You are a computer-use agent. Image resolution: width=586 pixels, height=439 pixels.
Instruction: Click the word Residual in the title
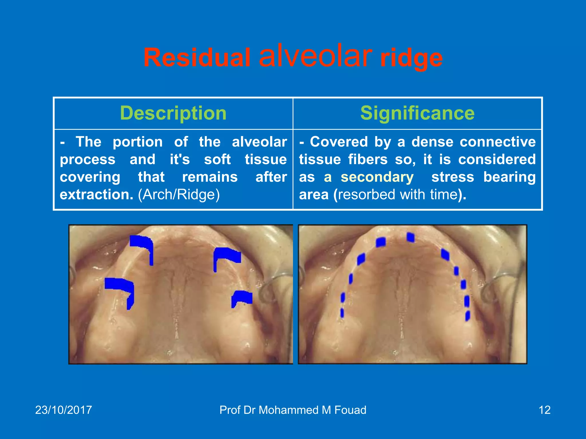pos(197,58)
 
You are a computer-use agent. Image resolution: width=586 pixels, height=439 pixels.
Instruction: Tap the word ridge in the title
pos(411,58)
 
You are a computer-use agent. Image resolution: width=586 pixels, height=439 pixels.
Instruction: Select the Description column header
pos(173,113)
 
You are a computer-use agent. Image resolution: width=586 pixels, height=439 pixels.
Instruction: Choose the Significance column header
pos(417,113)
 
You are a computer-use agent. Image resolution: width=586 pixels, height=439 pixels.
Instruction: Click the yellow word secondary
pos(377,177)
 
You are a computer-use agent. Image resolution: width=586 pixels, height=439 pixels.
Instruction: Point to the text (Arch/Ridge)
pos(179,195)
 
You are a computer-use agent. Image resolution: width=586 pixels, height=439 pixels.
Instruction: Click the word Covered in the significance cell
pos(339,142)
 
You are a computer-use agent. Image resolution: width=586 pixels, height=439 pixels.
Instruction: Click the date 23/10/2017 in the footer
pos(64,410)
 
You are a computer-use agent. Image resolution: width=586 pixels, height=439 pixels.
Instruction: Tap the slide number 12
pos(544,410)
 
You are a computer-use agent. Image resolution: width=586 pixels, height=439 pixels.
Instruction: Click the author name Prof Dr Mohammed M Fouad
pos(293,410)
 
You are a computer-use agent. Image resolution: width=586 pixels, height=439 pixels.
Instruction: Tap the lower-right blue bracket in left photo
pos(242,298)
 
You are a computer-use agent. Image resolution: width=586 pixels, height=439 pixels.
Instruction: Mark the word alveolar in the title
pos(315,56)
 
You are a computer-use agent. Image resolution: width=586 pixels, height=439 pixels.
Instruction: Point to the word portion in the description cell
pos(138,142)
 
